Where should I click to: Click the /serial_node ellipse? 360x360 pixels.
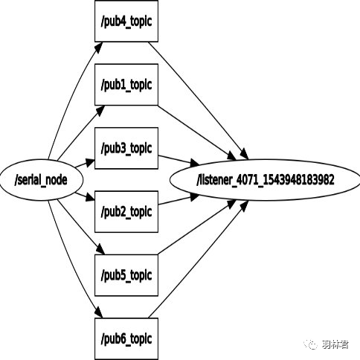41,180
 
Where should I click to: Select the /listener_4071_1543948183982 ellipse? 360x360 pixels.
265,180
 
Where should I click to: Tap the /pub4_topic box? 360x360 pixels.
126,21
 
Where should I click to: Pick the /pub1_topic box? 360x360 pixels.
126,85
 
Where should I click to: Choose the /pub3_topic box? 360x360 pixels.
126,148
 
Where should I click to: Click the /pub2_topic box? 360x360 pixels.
126,212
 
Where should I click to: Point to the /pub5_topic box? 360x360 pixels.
126,275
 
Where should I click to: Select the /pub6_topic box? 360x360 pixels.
126,338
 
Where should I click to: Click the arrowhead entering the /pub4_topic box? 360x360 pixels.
99,48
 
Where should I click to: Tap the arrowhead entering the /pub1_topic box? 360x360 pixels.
100,111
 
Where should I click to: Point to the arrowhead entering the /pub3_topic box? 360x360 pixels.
90,162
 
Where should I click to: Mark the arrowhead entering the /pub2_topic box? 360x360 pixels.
90,197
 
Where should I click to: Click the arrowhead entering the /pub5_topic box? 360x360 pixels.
100,248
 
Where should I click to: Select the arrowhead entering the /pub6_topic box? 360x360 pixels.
99,312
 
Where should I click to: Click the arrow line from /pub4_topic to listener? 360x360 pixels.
199,100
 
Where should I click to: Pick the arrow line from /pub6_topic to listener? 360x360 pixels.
199,259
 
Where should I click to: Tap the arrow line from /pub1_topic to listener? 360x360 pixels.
197,132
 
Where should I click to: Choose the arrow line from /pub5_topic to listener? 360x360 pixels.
197,227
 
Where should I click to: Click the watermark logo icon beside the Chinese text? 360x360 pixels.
311,344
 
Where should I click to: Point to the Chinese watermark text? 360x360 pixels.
335,344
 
